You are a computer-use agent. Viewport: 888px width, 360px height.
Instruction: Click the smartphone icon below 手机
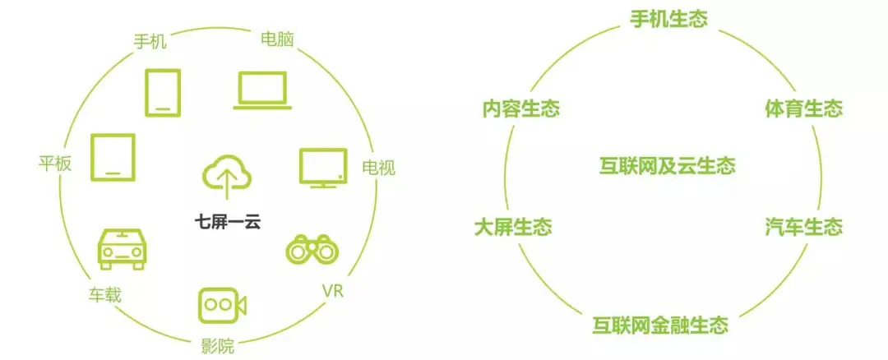click(163, 92)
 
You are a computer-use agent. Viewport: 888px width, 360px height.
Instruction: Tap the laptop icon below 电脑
click(261, 90)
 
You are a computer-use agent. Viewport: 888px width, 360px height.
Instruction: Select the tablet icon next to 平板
click(113, 156)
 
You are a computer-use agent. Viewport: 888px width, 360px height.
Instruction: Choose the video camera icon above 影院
click(222, 304)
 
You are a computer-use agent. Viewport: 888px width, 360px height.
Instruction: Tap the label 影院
click(218, 344)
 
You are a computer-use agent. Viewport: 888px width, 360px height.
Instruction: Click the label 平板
click(56, 164)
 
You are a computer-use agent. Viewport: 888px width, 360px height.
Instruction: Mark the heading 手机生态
click(668, 19)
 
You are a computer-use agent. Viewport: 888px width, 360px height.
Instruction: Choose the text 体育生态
click(803, 108)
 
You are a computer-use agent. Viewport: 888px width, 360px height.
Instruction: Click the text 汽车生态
click(803, 227)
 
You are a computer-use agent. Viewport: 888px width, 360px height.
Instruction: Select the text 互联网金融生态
click(660, 325)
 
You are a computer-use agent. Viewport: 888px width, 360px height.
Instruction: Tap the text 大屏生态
click(513, 227)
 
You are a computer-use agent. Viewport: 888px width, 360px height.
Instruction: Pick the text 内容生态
click(520, 108)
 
